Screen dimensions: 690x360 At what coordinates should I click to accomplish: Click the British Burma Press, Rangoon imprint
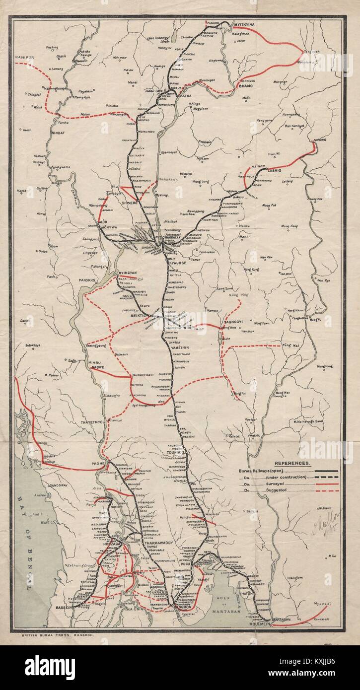(54, 635)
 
